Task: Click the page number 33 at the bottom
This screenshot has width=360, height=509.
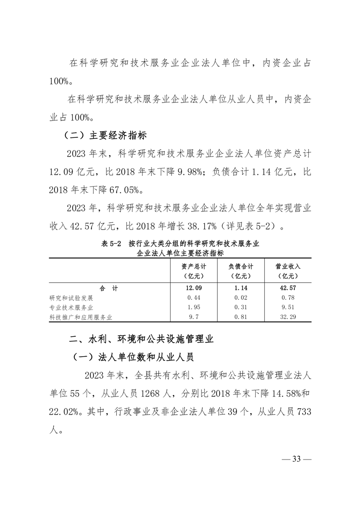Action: coord(297,459)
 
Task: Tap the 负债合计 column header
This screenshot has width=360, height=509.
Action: coord(241,271)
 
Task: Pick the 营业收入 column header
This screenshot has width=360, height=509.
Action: coord(288,271)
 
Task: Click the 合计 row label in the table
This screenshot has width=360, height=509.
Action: coord(108,288)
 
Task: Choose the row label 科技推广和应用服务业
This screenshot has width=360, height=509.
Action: coord(80,317)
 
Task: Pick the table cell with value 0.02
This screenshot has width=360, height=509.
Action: coord(241,298)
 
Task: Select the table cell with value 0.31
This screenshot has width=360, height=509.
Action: coord(241,308)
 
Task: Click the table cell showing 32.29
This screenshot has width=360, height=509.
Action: coord(288,317)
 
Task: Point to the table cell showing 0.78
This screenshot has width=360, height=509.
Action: coord(288,298)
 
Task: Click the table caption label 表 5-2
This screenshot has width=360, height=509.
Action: coord(111,244)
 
